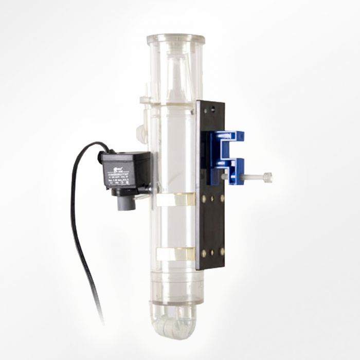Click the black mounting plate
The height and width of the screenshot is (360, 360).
point(211,226)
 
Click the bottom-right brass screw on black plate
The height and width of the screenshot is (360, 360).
point(222,253)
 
